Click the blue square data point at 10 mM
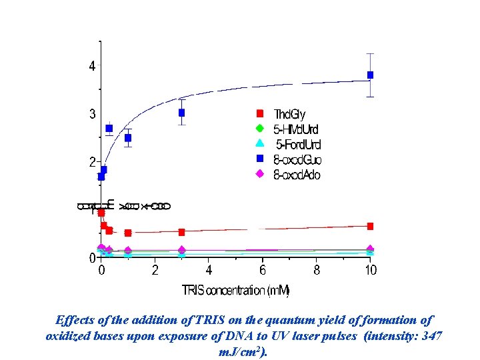pos(370,75)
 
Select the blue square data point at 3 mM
pos(181,113)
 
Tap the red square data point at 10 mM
pos(370,226)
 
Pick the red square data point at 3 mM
pos(181,232)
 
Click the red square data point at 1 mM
pos(128,233)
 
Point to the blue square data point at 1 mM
pos(128,138)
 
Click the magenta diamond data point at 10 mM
pos(370,249)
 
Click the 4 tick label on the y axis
pos(92,66)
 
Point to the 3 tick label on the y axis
pos(92,114)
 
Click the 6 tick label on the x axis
pos(263,270)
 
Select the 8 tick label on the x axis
pos(317,270)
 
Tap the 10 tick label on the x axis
pos(370,270)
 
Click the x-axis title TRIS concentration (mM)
pos(235,291)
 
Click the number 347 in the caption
pos(431,336)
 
